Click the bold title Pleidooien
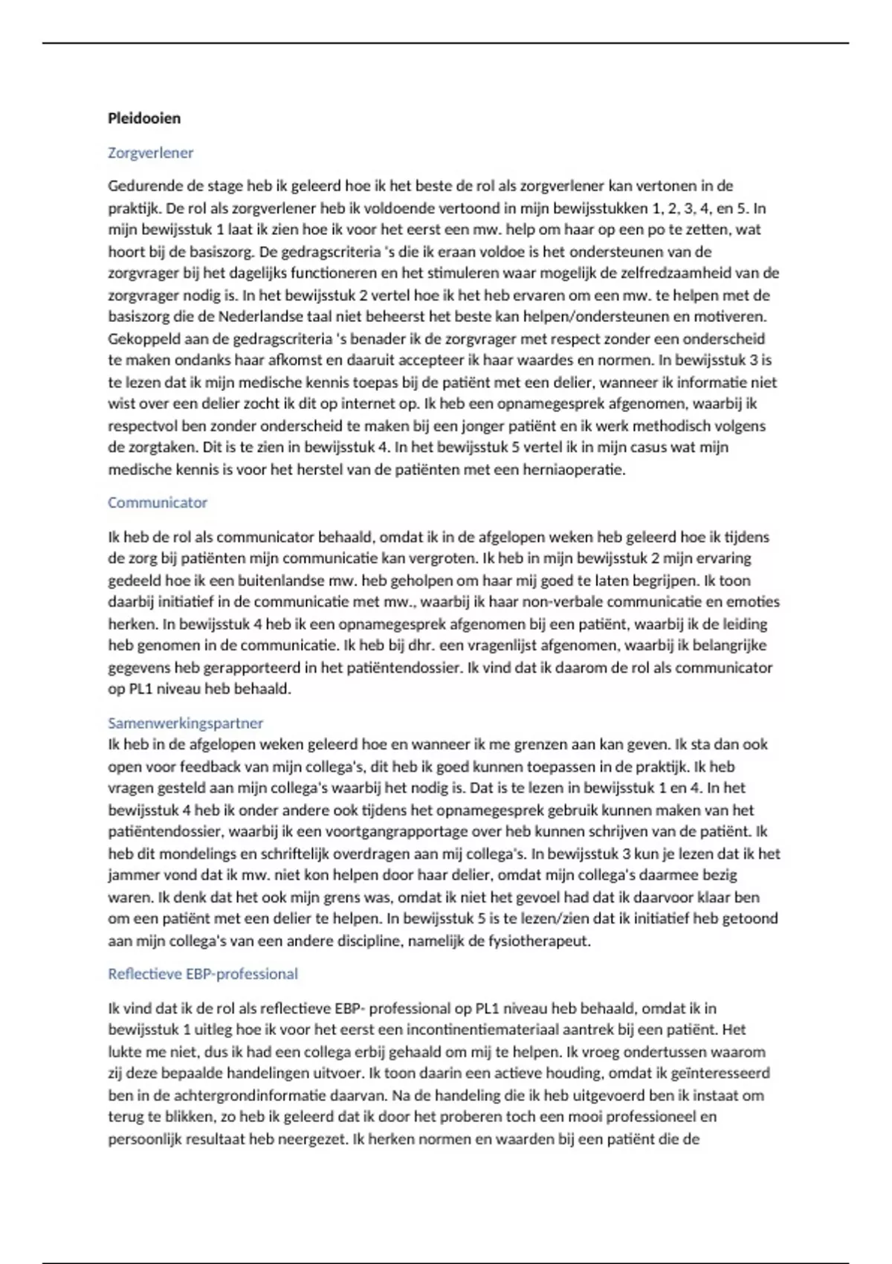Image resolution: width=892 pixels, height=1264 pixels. click(144, 118)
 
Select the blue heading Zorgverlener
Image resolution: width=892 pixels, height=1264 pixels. click(150, 153)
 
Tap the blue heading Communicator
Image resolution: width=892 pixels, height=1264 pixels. click(157, 503)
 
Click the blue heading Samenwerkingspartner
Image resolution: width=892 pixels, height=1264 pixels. click(185, 723)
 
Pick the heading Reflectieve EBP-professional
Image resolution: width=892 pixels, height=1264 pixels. click(202, 974)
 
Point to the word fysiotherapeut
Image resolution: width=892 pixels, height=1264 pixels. click(538, 941)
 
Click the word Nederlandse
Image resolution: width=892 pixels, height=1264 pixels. click(256, 317)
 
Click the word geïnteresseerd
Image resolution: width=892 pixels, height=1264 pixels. click(718, 1074)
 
